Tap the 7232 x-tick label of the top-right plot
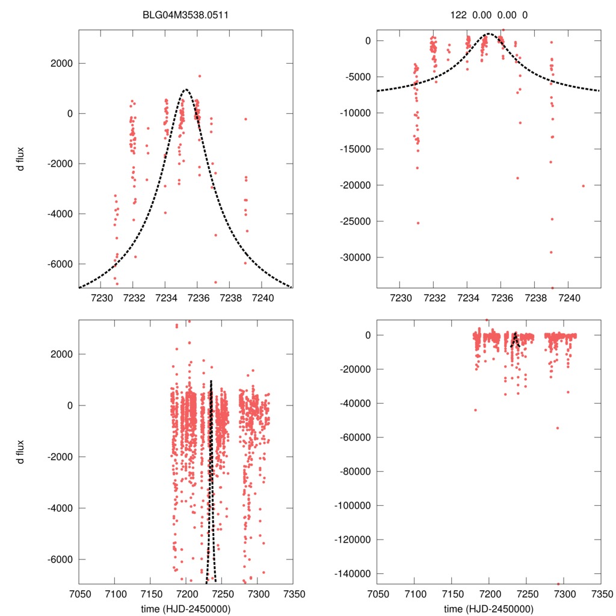tap(434, 298)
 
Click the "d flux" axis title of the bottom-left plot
tap(20, 452)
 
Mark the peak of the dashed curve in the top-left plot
tap(186, 90)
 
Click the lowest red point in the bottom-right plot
tap(558, 584)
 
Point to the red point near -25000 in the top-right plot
tap(417, 223)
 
